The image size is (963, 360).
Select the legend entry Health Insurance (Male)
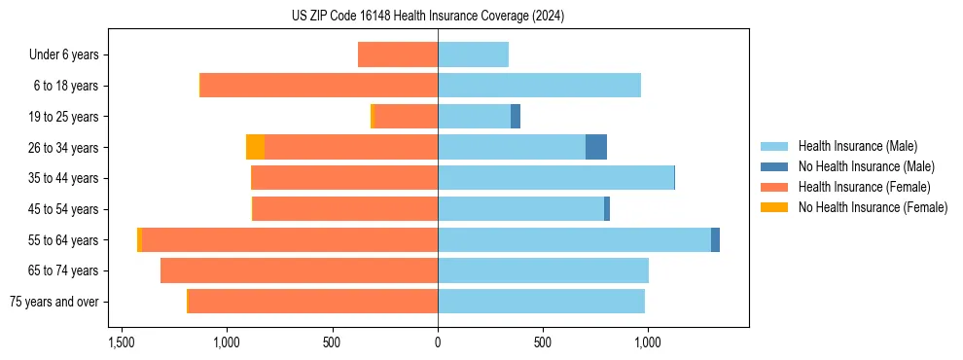tap(857, 146)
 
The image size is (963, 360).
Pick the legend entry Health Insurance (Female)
tap(864, 187)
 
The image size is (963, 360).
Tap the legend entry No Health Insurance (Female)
tap(873, 207)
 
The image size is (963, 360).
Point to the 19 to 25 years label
tap(65, 117)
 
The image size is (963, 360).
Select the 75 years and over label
tap(54, 302)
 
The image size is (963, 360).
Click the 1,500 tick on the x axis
tap(122, 343)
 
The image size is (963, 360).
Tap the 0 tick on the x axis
tap(438, 343)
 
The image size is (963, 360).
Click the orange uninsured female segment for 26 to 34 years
tap(255, 147)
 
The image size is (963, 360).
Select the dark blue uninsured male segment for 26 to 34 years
tap(596, 147)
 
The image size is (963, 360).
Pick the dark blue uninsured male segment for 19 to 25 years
tap(516, 116)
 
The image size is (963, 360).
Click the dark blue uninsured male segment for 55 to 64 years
tap(715, 239)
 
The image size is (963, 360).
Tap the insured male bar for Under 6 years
tap(473, 54)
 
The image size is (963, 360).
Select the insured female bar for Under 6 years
tap(398, 54)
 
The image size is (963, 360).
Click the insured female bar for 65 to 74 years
tap(299, 270)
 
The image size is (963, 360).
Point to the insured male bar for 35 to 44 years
tap(555, 178)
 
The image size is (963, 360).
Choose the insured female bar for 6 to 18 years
tap(319, 86)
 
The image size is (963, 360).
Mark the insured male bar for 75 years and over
tap(541, 302)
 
